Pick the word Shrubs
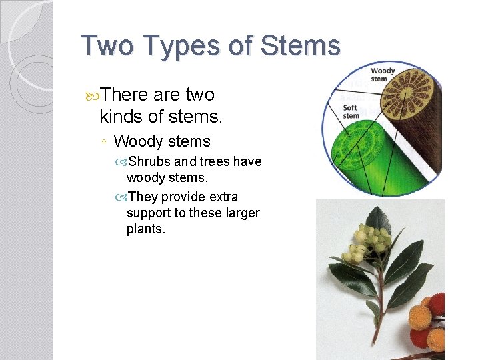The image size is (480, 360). pyautogui.click(x=149, y=161)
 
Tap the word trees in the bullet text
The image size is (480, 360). pyautogui.click(x=215, y=161)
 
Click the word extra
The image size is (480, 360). pyautogui.click(x=223, y=197)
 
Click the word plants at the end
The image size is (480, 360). pyautogui.click(x=145, y=229)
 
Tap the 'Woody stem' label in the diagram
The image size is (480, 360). pyautogui.click(x=382, y=75)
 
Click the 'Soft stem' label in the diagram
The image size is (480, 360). pyautogui.click(x=351, y=111)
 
